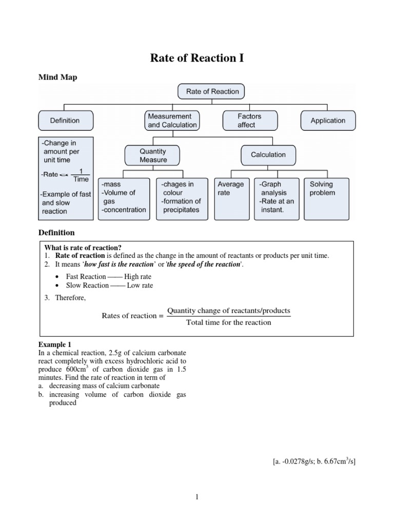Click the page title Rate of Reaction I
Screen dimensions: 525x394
(197, 58)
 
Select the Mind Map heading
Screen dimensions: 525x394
(57, 77)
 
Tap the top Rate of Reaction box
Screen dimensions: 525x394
(212, 91)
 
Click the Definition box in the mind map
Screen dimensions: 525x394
(65, 120)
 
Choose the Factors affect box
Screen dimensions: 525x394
(249, 120)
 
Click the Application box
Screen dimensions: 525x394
(328, 120)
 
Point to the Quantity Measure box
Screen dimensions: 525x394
(153, 155)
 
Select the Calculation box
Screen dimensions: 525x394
(268, 155)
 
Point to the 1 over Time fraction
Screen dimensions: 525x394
(81, 175)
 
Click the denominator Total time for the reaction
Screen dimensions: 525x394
(229, 322)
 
